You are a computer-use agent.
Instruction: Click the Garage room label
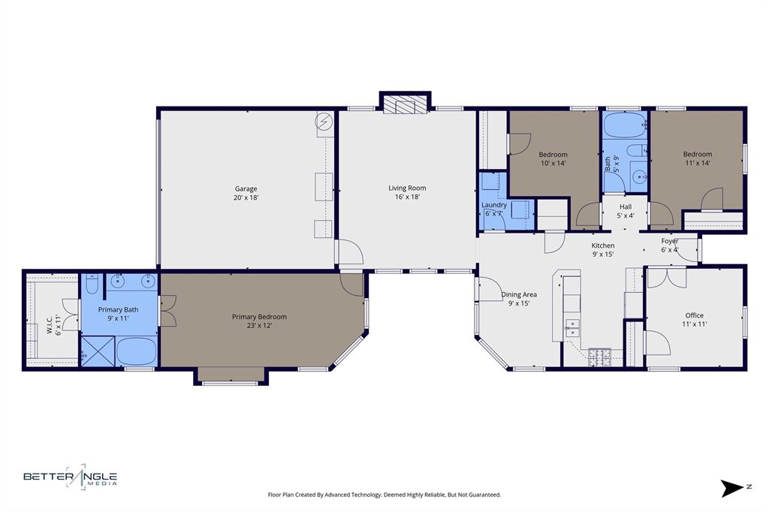[246, 189]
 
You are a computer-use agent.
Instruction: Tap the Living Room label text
[407, 188]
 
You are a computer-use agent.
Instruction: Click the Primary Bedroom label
[259, 317]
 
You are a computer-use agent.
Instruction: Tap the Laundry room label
[494, 205]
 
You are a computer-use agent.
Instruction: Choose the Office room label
[695, 315]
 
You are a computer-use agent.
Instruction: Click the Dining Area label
[519, 295]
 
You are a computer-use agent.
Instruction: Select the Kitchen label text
[603, 245]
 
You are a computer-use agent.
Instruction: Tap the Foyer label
[670, 241]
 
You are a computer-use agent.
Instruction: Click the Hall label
[626, 207]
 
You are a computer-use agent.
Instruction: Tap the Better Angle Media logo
[70, 477]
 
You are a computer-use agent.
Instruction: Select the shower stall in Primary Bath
[98, 351]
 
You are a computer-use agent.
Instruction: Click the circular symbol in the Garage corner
[324, 122]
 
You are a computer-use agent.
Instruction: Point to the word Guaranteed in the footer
[482, 495]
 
